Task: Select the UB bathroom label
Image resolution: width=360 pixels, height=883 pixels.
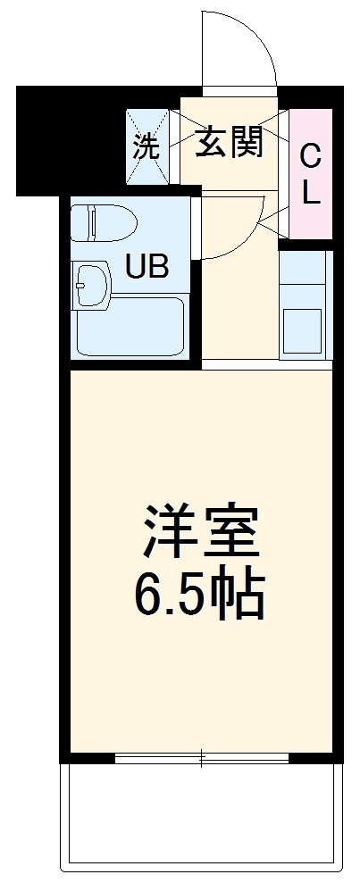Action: click(x=146, y=266)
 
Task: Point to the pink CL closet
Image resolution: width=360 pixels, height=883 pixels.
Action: click(x=310, y=173)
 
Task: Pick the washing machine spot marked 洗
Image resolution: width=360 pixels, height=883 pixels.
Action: click(x=147, y=146)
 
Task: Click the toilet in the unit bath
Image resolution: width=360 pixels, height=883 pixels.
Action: click(x=102, y=223)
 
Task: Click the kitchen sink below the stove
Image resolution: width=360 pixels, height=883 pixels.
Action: click(x=305, y=331)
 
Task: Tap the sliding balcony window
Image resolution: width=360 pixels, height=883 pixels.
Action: click(x=202, y=758)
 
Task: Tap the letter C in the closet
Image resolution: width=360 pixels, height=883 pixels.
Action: click(x=310, y=157)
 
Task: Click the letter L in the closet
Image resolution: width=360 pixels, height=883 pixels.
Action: click(x=310, y=194)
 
